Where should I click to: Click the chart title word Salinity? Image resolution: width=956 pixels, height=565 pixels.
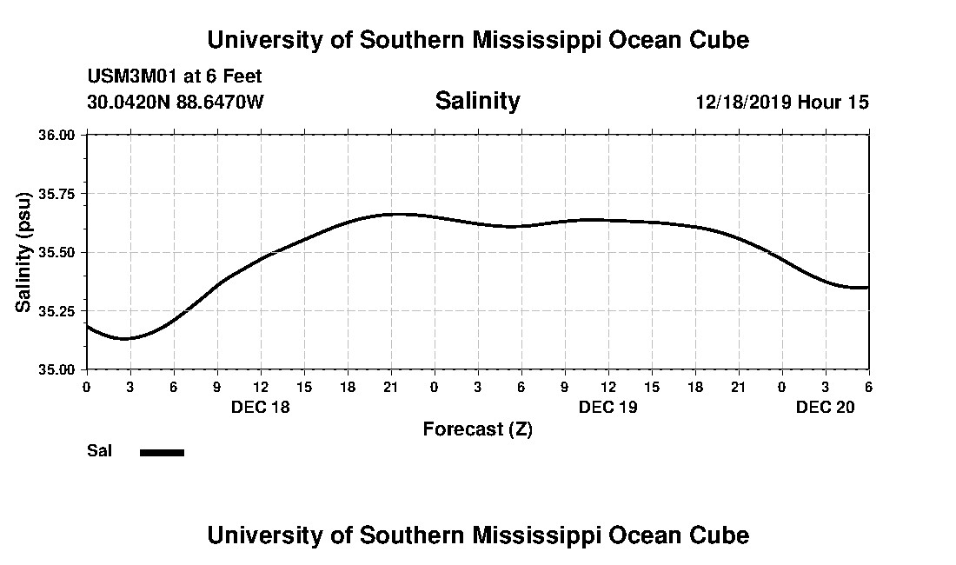pos(477,101)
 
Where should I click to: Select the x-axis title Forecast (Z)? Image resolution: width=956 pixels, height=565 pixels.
pos(477,429)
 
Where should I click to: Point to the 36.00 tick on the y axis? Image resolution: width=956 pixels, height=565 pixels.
pos(58,136)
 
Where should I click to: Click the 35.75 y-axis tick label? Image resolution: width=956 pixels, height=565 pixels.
pos(58,194)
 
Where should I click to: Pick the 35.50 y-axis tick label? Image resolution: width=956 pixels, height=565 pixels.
pos(58,252)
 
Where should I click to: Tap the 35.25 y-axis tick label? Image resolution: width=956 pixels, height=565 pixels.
pos(58,310)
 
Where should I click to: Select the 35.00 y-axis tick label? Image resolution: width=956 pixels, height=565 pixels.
pos(58,369)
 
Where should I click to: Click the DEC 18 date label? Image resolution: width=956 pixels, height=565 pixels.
pos(260,407)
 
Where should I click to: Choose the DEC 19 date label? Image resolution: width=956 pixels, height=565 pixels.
pos(607,407)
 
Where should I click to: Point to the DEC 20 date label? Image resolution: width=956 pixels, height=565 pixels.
pos(825,407)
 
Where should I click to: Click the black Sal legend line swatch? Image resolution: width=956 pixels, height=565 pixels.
pos(162,452)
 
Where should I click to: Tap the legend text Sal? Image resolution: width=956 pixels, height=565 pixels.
pos(99,451)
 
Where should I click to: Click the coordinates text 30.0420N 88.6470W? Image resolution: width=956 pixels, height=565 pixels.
pos(175,102)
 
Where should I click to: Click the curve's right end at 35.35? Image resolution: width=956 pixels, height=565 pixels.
pos(866,287)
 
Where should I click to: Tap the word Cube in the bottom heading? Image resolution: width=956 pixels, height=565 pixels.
pos(722,535)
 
